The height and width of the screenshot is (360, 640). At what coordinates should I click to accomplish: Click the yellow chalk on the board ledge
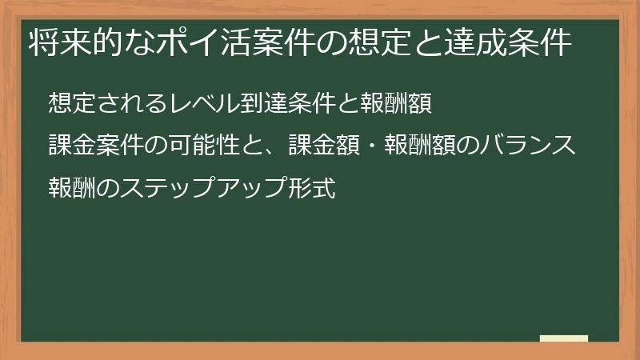point(563,338)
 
